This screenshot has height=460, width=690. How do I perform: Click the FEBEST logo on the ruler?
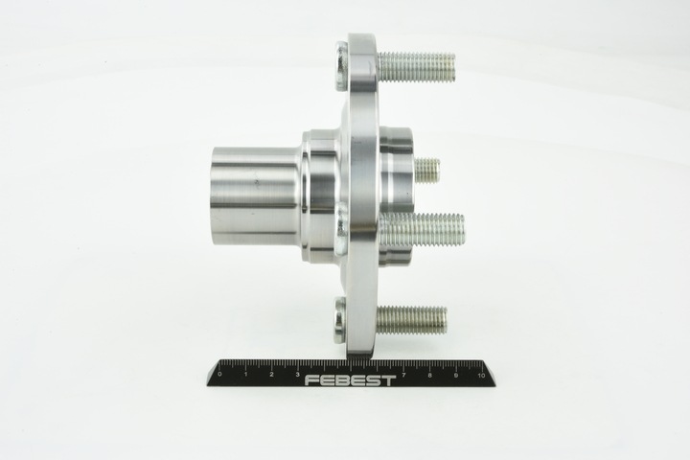[351, 379]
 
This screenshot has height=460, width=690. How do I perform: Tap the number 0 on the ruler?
[220, 374]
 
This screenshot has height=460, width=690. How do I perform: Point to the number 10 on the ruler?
[481, 374]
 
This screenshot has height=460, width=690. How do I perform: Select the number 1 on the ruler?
[246, 374]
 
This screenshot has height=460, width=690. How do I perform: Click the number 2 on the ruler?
[272, 374]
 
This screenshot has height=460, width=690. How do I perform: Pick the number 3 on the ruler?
[298, 374]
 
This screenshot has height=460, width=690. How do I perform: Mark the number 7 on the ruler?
[403, 374]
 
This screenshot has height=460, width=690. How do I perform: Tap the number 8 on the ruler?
[429, 374]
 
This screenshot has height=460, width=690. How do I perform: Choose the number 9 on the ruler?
[455, 374]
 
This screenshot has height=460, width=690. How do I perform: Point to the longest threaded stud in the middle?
[422, 230]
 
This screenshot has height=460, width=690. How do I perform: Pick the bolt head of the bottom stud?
[341, 320]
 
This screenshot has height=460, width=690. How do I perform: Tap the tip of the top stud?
[451, 67]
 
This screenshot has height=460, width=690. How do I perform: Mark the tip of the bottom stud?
[445, 320]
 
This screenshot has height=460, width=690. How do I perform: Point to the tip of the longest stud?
[463, 230]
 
